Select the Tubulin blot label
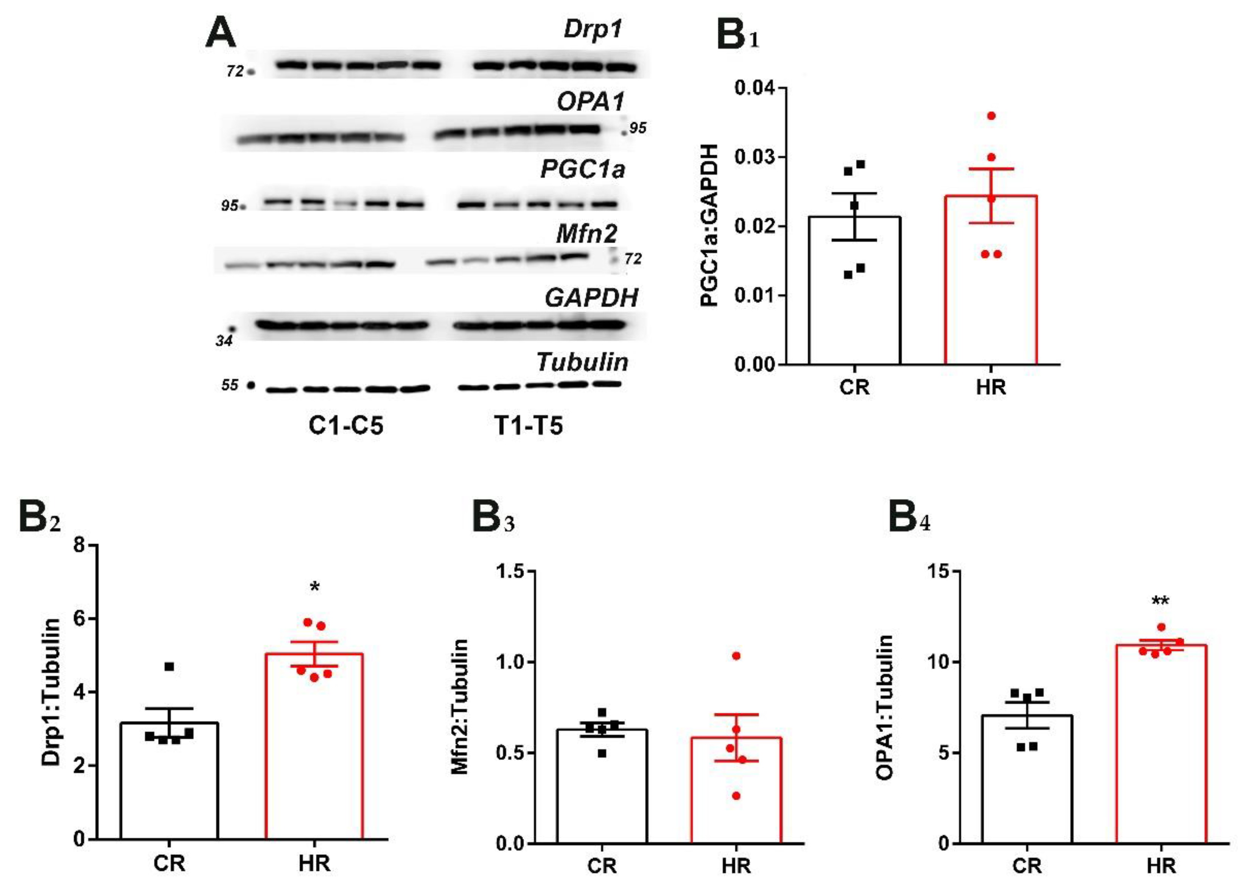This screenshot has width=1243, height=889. pos(582,362)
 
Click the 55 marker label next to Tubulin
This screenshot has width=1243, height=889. pos(230,385)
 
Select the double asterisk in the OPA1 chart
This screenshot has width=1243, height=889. pos(1160,602)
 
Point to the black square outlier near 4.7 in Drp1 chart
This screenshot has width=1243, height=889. pos(169,666)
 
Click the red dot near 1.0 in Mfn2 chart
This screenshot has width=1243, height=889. pos(736,656)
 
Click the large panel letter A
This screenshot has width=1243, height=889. pos(220,33)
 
